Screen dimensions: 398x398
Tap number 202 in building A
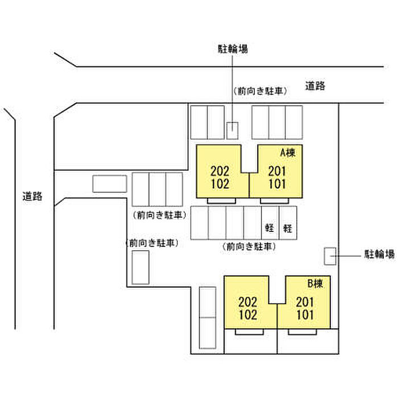click(219, 171)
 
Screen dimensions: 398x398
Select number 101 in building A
click(276, 184)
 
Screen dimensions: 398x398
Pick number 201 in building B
click(305, 302)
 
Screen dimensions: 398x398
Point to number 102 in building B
click(248, 314)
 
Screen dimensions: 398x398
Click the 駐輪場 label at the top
click(233, 49)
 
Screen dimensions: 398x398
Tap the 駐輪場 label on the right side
click(379, 255)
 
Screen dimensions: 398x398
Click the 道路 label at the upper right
click(315, 86)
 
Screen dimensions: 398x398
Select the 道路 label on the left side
click(32, 197)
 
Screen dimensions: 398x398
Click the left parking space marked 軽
click(270, 229)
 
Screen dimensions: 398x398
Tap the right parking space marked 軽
click(288, 229)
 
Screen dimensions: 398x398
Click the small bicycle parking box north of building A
click(233, 130)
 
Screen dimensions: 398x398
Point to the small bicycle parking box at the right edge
click(330, 256)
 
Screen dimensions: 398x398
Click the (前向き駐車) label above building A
click(259, 91)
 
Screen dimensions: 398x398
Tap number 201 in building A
click(276, 171)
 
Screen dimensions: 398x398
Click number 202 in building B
click(248, 302)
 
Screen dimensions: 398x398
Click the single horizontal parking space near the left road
click(110, 184)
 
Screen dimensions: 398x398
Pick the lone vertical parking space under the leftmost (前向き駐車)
click(140, 267)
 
